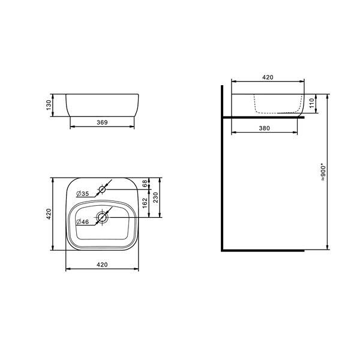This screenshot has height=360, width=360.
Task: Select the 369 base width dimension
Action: tap(101, 122)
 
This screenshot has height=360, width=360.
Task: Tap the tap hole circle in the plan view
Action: tap(102, 190)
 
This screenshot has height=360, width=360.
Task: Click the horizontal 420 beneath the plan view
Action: tap(102, 264)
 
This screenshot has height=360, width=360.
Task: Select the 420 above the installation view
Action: tap(268, 77)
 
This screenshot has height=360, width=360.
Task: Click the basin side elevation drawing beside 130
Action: tap(102, 104)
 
